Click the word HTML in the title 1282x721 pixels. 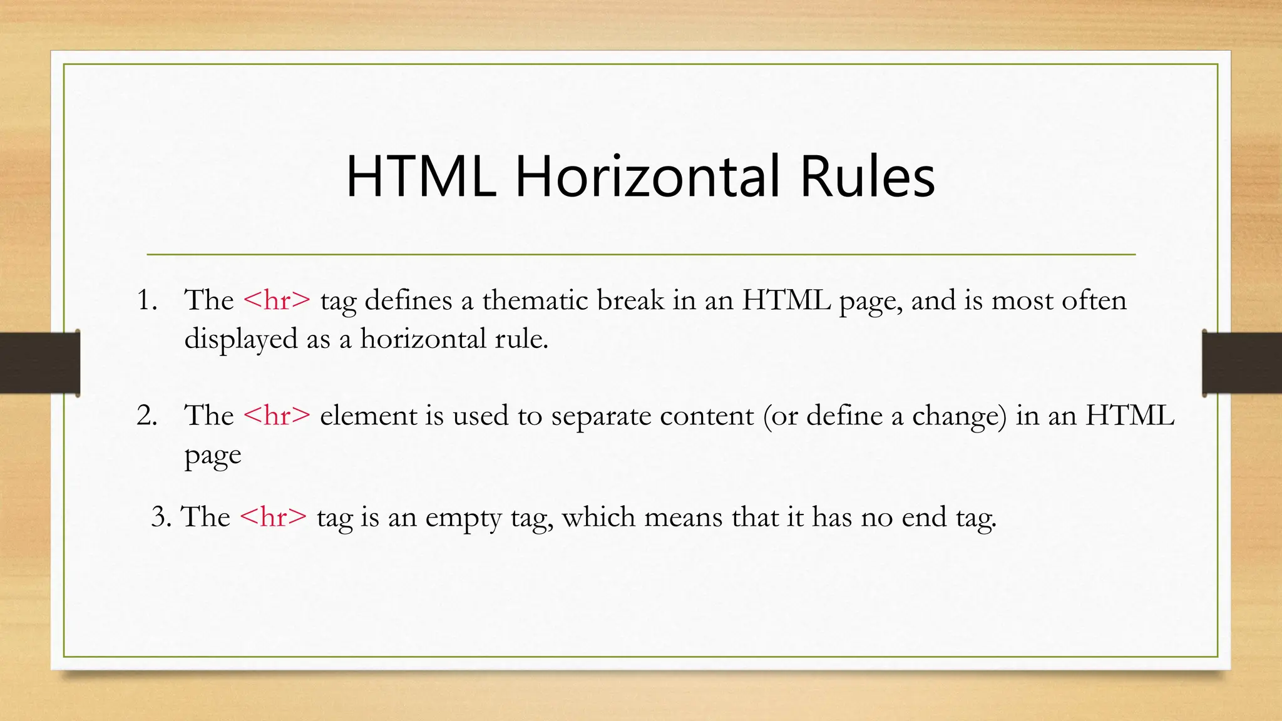[421, 177]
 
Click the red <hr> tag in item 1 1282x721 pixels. [276, 300]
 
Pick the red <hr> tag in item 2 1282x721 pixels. [276, 416]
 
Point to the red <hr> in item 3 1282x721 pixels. [273, 517]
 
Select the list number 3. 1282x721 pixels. [161, 517]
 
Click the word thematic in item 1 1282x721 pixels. [535, 300]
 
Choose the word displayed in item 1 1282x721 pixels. [240, 340]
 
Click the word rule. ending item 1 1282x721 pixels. [521, 339]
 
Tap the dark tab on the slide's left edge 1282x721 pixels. [39, 363]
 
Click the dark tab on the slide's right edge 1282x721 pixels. [1242, 363]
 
